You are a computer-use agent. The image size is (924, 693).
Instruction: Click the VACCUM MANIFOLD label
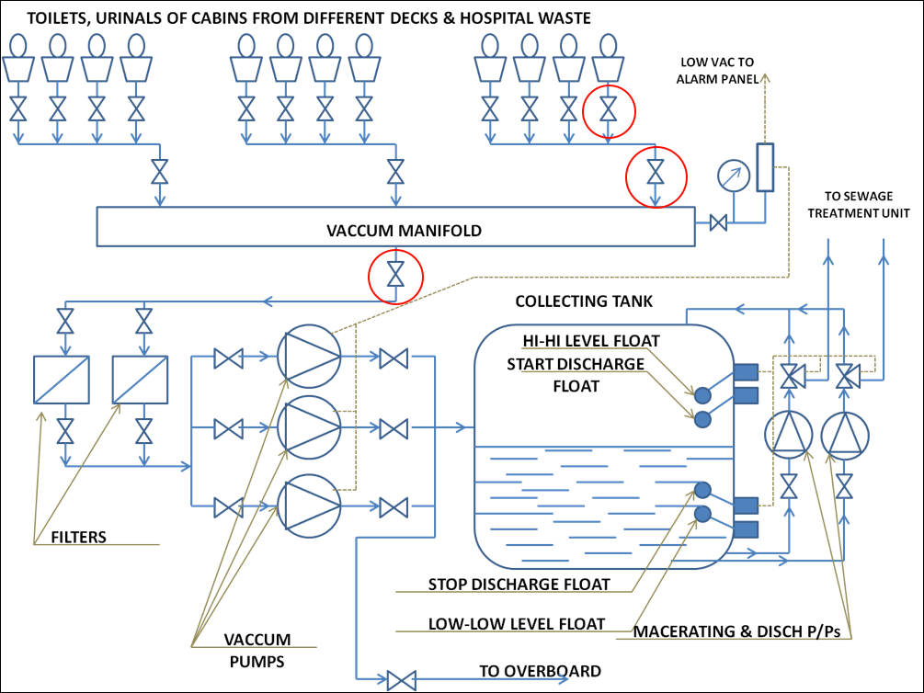(404, 231)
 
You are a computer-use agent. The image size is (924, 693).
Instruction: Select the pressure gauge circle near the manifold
(733, 176)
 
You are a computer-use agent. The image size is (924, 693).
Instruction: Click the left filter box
(60, 379)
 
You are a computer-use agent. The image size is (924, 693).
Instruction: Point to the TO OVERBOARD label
(540, 670)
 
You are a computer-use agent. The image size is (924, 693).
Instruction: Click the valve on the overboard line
(401, 681)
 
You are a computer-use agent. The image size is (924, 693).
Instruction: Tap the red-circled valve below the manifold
(395, 275)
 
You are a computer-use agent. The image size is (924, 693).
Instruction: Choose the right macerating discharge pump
(844, 435)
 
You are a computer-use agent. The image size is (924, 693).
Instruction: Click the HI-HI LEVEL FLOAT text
(591, 342)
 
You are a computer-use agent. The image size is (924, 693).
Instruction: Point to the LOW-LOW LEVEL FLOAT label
(517, 624)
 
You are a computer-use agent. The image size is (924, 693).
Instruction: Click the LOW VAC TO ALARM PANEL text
(717, 70)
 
